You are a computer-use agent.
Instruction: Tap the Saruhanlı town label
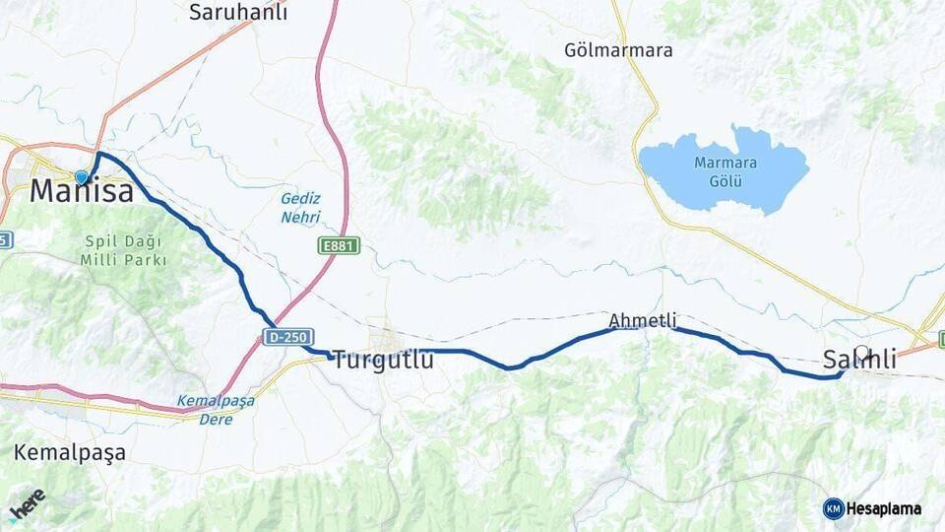pyautogui.click(x=237, y=12)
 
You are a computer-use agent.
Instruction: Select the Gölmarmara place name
pyautogui.click(x=618, y=50)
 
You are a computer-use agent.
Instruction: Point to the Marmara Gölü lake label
pyautogui.click(x=724, y=172)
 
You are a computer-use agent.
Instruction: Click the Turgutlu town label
pyautogui.click(x=383, y=361)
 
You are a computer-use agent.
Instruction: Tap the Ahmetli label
pyautogui.click(x=643, y=320)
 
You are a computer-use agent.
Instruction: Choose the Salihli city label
pyautogui.click(x=859, y=361)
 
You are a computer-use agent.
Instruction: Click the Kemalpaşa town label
pyautogui.click(x=70, y=453)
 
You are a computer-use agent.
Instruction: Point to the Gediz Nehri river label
pyautogui.click(x=301, y=208)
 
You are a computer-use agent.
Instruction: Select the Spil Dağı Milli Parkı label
pyautogui.click(x=124, y=250)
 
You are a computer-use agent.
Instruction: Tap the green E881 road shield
pyautogui.click(x=339, y=245)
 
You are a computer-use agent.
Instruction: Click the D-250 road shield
pyautogui.click(x=288, y=337)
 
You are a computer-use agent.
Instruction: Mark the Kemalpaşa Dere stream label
pyautogui.click(x=216, y=410)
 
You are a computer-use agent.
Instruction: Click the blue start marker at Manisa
pyautogui.click(x=82, y=177)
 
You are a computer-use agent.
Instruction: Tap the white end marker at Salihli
pyautogui.click(x=862, y=352)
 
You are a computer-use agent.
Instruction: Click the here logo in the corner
pyautogui.click(x=28, y=504)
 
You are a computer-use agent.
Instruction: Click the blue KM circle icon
pyautogui.click(x=834, y=509)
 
